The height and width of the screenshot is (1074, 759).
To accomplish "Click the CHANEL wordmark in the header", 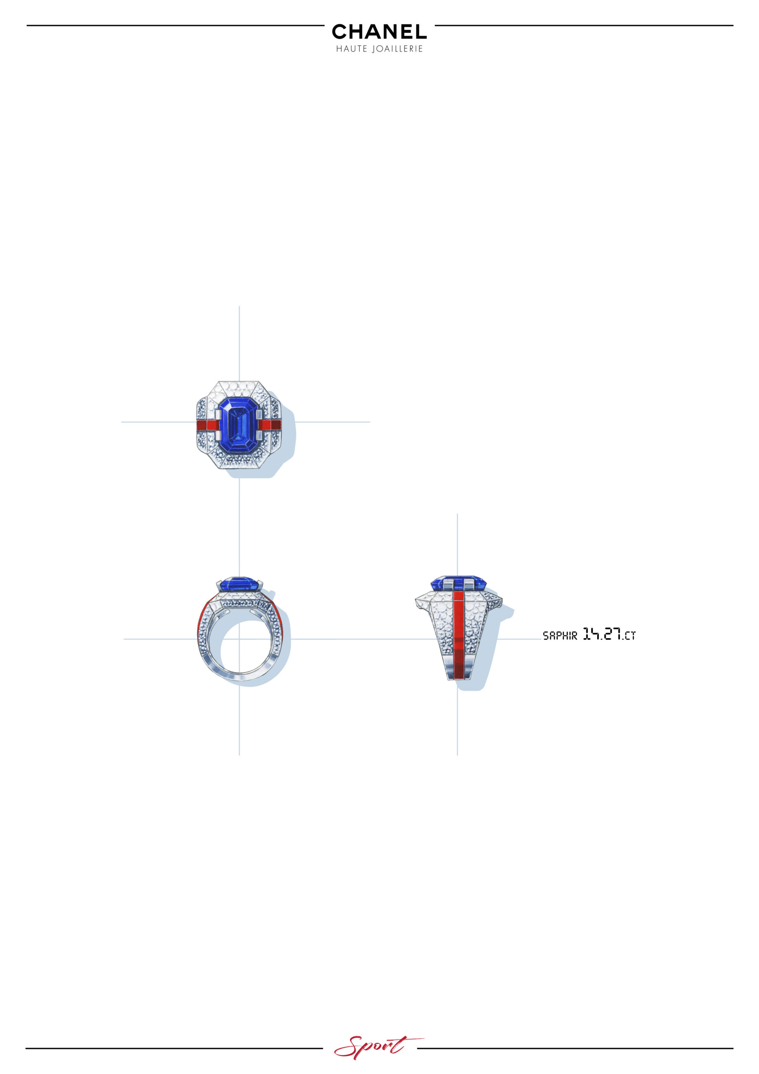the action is point(379,31).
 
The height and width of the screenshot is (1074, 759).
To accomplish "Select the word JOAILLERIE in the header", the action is point(398,49).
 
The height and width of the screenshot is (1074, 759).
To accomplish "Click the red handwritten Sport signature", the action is point(379,1047).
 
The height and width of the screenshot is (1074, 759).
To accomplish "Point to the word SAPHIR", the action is point(560,635).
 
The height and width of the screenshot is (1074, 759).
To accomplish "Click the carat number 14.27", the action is point(602,634).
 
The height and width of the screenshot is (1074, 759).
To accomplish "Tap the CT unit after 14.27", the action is point(630,636).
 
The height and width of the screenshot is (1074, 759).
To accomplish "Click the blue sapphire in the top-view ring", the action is point(239,425).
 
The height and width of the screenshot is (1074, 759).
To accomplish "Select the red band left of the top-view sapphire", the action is point(207,425).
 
